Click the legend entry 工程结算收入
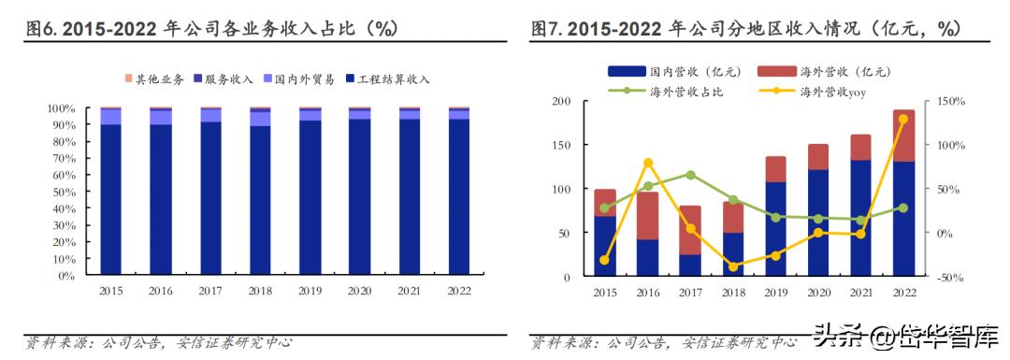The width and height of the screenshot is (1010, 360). pos(393,79)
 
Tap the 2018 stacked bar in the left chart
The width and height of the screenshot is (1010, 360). pos(260,196)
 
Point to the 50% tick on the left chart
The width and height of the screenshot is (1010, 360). pos(63,192)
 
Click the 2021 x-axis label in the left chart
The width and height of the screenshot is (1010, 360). pos(409,291)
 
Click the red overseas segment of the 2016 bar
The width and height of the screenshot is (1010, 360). pos(648,215)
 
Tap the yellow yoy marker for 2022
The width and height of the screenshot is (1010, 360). pos(903,119)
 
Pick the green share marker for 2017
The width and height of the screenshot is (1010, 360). pos(690,175)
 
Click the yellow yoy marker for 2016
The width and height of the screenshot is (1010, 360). pos(648,163)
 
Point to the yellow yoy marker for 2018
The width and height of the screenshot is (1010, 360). pos(733,266)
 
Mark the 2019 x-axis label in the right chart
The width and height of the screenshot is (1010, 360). pos(775,293)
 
